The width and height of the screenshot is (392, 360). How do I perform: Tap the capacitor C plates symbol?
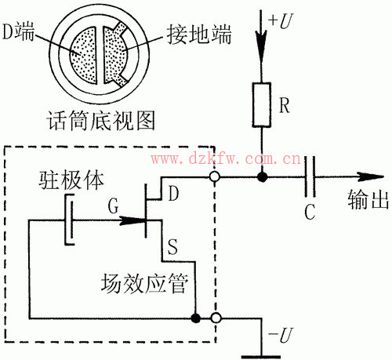click(311, 178)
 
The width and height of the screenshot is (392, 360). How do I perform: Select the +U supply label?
click(277, 16)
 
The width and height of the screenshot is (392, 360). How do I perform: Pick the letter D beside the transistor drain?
click(173, 193)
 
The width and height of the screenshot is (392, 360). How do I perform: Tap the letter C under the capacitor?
click(312, 210)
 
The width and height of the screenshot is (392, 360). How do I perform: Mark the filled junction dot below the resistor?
click(261, 178)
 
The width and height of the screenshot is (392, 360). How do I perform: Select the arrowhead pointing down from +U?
click(261, 42)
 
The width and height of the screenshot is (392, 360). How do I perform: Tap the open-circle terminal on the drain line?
click(214, 178)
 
